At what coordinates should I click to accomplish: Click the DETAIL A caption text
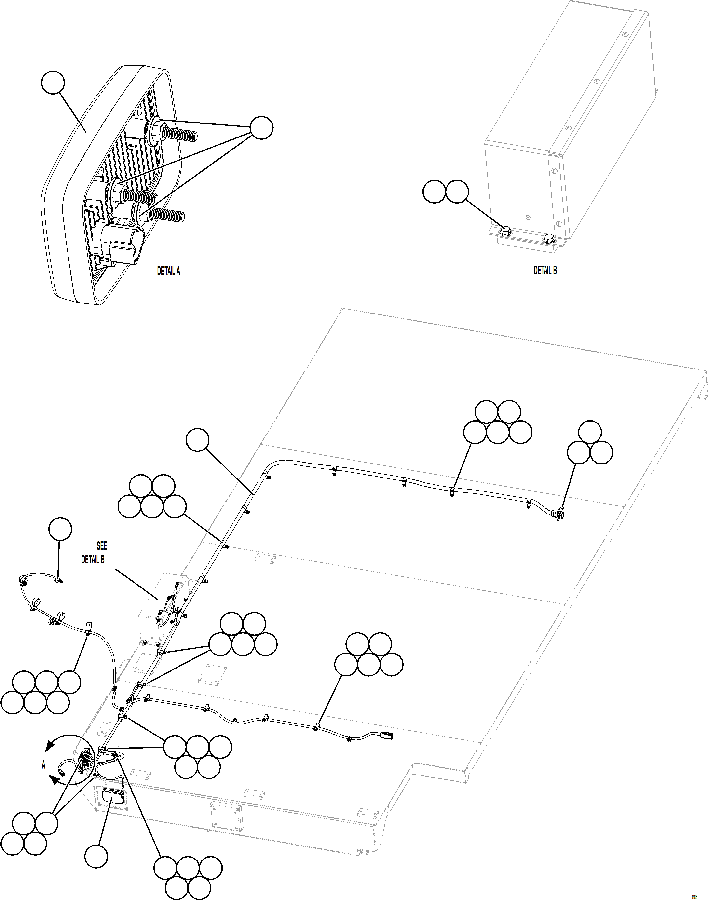[x=168, y=271]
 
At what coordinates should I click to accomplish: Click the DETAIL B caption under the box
[x=545, y=270]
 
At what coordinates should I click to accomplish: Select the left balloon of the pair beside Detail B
[x=434, y=191]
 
